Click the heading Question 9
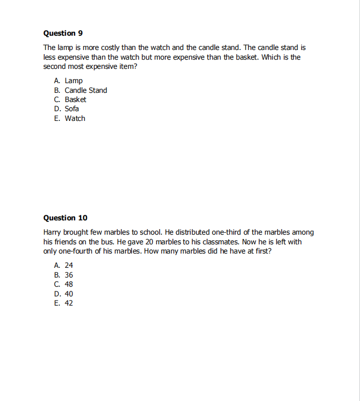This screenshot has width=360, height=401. [63, 33]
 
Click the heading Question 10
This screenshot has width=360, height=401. [65, 218]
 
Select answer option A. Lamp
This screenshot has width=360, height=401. [73, 81]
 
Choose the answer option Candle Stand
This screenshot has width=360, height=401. [85, 90]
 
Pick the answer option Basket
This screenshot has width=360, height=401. [75, 99]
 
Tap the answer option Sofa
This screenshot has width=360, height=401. [71, 109]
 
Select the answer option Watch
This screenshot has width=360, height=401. [75, 118]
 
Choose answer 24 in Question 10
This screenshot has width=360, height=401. [69, 265]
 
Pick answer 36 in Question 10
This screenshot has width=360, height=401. [69, 275]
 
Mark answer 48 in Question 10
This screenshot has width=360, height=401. [69, 284]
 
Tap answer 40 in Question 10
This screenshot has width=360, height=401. [69, 294]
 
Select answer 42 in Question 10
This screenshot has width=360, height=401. [69, 303]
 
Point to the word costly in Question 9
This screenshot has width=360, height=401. [109, 47]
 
